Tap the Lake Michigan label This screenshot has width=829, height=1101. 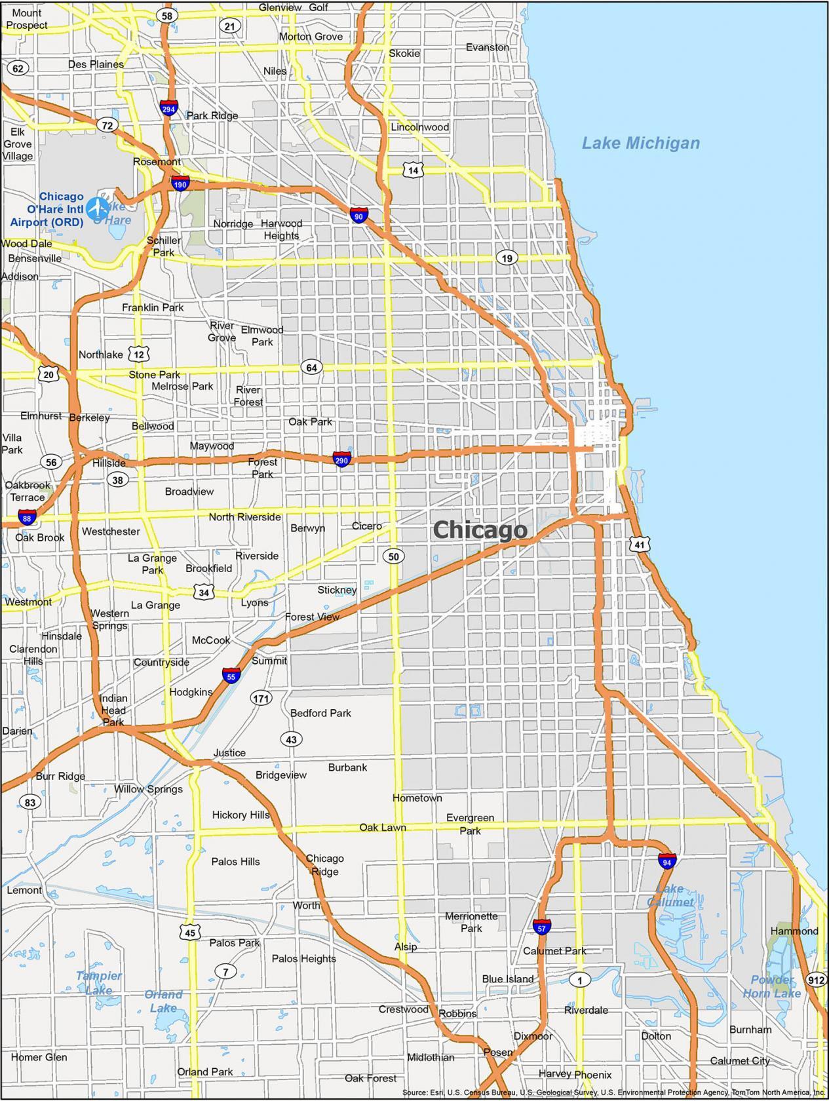(x=641, y=143)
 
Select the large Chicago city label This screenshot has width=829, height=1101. (x=480, y=530)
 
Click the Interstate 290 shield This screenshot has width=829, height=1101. (x=341, y=459)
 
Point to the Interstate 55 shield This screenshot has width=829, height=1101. (x=231, y=676)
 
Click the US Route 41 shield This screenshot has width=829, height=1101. (x=640, y=544)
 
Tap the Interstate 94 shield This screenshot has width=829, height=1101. (x=667, y=861)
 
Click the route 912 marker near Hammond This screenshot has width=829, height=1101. (x=817, y=980)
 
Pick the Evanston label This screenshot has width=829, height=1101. (x=488, y=47)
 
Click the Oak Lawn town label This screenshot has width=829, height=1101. (x=383, y=828)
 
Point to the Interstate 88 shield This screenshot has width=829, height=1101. (x=27, y=518)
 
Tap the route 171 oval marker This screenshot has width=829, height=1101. (x=261, y=699)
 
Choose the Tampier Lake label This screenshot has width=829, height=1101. (x=98, y=982)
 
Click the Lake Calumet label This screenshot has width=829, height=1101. (x=670, y=895)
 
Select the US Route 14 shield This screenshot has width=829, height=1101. (x=413, y=170)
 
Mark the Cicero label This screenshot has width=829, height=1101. (x=366, y=526)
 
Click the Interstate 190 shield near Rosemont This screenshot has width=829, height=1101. (x=180, y=184)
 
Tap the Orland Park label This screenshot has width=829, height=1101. (x=205, y=1072)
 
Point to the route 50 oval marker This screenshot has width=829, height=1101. (x=393, y=557)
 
